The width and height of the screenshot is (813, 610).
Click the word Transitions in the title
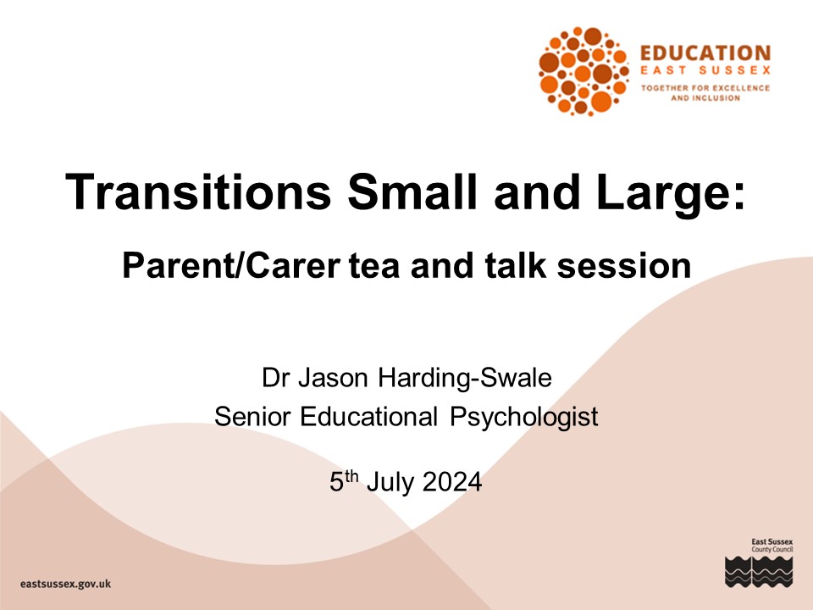[x=198, y=191]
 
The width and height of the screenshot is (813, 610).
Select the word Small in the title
[x=412, y=191]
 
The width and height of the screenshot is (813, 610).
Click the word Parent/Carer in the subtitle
[x=230, y=265]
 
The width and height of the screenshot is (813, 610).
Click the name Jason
[x=333, y=378]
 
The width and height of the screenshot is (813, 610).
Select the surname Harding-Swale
[x=465, y=379]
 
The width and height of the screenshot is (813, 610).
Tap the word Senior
[x=252, y=417]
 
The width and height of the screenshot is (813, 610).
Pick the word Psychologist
[x=524, y=418]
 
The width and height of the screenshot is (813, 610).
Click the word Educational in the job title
[x=369, y=417]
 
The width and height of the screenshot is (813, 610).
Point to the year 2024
[x=452, y=482]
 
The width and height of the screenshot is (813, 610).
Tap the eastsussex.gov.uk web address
[x=66, y=584]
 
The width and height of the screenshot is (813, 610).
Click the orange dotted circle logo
[x=583, y=70]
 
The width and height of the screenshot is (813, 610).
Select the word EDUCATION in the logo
[x=705, y=53]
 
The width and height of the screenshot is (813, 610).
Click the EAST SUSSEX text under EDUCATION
[x=705, y=70]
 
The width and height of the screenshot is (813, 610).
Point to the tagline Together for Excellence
[x=705, y=87]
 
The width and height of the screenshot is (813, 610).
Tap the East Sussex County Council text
[x=772, y=545]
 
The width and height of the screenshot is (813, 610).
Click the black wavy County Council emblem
[x=759, y=571]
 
